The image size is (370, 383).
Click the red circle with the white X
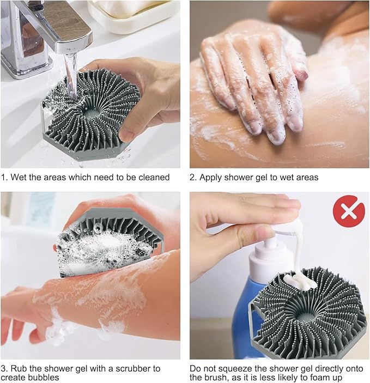[x=349, y=211]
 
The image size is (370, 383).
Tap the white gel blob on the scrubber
[x=299, y=282]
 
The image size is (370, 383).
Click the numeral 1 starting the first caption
[x=3, y=177]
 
